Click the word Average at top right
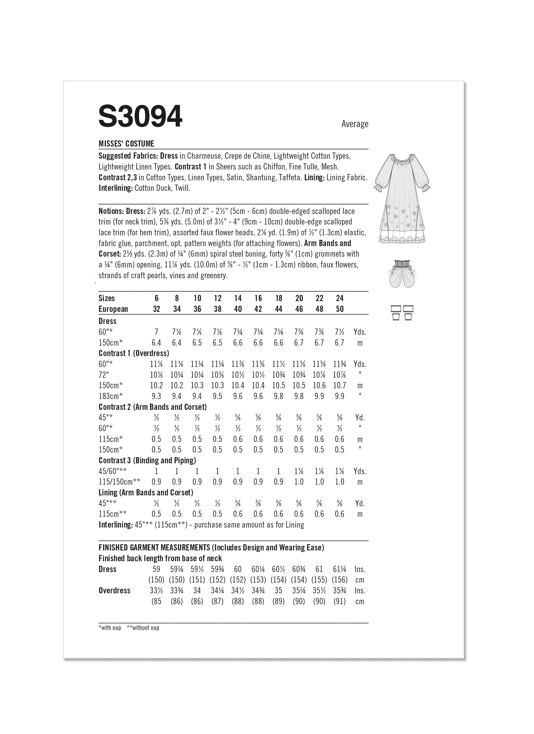(355, 124)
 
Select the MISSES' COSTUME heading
(126, 144)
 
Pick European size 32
(156, 309)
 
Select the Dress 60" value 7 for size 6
(156, 332)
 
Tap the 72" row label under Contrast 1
(104, 375)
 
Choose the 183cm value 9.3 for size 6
(156, 396)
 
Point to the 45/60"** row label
(112, 471)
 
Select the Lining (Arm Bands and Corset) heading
(146, 493)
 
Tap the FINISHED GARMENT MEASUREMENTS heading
(154, 548)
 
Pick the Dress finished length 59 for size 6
(156, 569)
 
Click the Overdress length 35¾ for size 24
(339, 591)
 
